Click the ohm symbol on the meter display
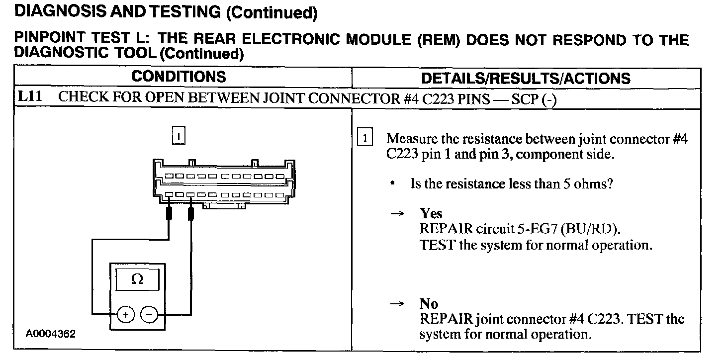[x=137, y=280]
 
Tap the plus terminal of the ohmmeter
[x=126, y=314]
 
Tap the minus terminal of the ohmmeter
[x=149, y=314]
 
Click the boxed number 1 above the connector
[x=179, y=135]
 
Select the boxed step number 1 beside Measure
[x=365, y=139]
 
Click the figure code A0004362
[x=51, y=334]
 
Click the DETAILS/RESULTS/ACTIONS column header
[x=526, y=78]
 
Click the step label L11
[x=29, y=97]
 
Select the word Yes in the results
[x=431, y=213]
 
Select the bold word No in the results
[x=429, y=304]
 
